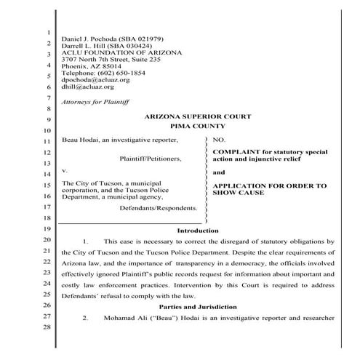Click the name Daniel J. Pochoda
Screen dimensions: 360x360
(89, 38)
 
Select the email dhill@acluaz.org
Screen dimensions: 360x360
(84, 86)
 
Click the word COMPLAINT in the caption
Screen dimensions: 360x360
(235, 151)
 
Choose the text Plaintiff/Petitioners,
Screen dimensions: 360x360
(151, 157)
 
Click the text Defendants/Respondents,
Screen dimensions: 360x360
(159, 207)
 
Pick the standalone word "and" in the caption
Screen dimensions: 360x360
(218, 172)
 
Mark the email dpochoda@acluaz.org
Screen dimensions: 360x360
(90, 79)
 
